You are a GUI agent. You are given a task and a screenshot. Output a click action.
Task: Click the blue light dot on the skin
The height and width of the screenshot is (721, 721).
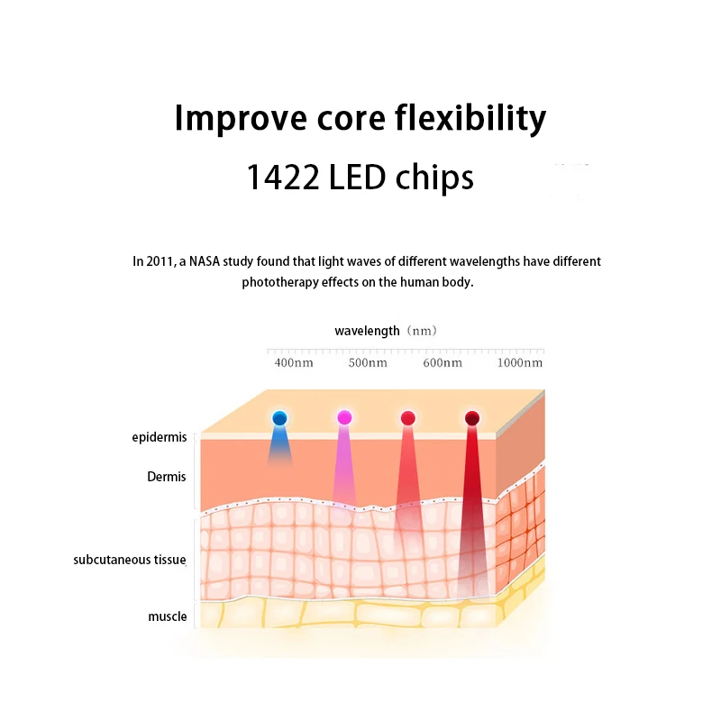click(279, 417)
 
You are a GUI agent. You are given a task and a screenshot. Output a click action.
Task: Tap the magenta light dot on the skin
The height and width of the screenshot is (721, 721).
click(344, 417)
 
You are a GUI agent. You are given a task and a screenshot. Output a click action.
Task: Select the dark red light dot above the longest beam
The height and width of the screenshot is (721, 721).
click(472, 418)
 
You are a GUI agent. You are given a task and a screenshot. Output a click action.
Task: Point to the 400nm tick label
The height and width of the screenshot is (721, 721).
click(294, 363)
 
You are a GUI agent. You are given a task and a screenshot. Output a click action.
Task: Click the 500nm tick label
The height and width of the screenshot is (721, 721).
click(368, 363)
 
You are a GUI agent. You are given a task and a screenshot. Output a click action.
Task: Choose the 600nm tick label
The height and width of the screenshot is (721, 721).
click(443, 363)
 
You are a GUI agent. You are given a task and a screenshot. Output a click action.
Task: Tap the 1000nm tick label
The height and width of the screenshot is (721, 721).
click(521, 363)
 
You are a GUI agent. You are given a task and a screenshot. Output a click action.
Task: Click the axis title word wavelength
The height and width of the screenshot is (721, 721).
click(367, 331)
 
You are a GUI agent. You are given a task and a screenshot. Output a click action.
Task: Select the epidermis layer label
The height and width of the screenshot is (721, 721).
click(160, 438)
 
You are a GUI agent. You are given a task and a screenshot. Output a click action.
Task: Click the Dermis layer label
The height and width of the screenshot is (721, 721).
click(167, 477)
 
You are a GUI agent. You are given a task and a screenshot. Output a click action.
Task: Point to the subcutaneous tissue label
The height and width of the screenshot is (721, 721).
click(130, 560)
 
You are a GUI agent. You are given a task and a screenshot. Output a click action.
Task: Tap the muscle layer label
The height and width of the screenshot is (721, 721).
click(168, 617)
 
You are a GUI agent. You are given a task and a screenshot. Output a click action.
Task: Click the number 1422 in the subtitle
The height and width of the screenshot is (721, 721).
click(280, 178)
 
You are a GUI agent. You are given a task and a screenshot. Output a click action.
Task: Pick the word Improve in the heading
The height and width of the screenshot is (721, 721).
click(233, 119)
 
